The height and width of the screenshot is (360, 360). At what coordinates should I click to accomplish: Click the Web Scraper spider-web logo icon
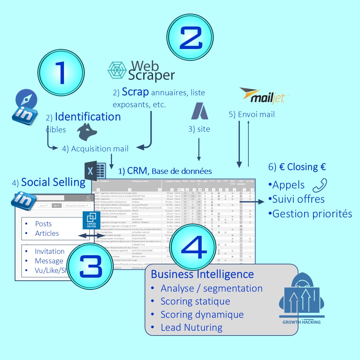(x=117, y=70)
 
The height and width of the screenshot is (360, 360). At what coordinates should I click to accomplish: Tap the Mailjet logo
(x=264, y=96)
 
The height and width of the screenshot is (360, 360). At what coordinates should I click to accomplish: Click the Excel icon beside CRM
(x=95, y=171)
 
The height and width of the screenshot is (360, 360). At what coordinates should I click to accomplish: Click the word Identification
(x=88, y=117)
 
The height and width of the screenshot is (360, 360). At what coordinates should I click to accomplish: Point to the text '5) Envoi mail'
(x=252, y=114)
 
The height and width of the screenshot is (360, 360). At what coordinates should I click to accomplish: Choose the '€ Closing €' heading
(x=297, y=167)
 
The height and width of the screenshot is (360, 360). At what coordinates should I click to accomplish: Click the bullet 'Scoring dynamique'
(x=202, y=314)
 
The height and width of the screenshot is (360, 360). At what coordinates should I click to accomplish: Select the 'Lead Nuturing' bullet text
(x=192, y=328)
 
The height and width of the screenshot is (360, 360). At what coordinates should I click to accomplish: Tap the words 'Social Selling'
(x=53, y=182)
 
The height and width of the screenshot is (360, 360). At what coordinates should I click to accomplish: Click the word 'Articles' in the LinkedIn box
(x=47, y=233)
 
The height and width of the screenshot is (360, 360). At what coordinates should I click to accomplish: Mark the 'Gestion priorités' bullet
(x=312, y=214)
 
